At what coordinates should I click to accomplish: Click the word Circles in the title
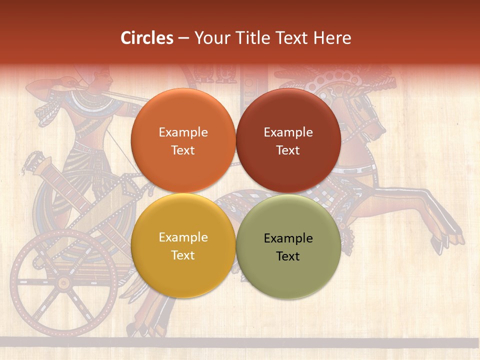pos(147,38)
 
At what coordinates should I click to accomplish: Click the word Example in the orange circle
pos(183,132)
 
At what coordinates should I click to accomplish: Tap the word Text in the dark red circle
pos(288,150)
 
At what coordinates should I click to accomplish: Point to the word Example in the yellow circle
pos(183,237)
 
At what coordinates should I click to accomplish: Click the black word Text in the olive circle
pos(288,256)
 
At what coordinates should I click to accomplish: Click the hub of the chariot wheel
pos(63,283)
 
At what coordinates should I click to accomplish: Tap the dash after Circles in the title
pos(183,38)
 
